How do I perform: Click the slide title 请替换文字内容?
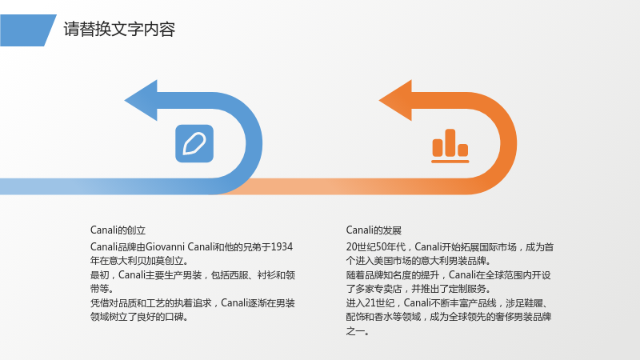point(119,30)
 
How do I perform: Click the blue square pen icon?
point(194,143)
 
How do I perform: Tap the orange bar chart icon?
point(450,146)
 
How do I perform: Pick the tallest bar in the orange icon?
point(450,142)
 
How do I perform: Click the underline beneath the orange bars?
point(450,162)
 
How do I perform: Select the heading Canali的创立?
point(118,230)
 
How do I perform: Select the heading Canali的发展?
point(374,230)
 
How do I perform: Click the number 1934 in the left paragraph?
point(282,247)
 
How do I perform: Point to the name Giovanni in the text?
point(166,247)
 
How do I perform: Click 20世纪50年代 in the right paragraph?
point(376,247)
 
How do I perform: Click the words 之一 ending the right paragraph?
point(355,331)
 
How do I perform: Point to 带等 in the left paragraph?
point(99,289)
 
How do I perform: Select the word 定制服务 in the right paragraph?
point(467,289)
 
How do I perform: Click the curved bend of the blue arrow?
point(254,143)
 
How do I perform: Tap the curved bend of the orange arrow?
point(509,143)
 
